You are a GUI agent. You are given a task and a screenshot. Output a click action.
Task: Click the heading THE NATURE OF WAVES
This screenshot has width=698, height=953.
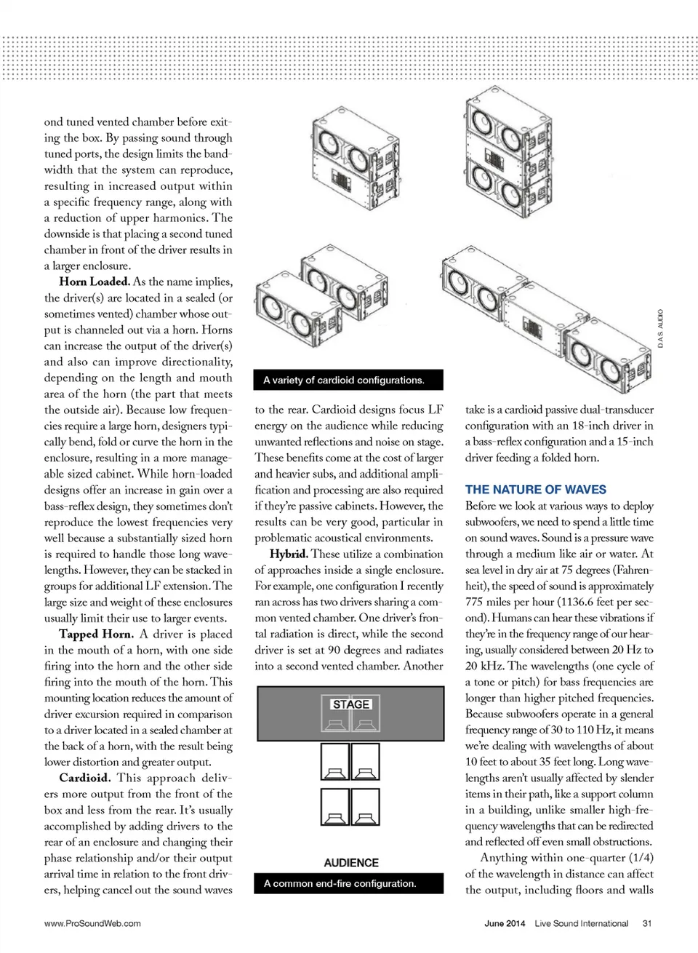tap(536, 490)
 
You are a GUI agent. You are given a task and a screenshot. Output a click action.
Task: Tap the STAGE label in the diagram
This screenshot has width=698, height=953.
tap(351, 704)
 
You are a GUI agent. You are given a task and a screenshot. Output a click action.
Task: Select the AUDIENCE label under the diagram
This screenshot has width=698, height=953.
tap(351, 863)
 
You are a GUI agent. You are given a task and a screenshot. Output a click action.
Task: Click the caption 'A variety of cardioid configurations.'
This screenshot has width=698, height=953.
tap(344, 380)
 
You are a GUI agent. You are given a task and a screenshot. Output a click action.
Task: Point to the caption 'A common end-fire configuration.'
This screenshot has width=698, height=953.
tap(340, 883)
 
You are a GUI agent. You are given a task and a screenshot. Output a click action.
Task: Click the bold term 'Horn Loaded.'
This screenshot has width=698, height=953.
tap(95, 282)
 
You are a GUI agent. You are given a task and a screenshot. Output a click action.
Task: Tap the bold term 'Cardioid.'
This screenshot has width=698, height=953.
tap(84, 777)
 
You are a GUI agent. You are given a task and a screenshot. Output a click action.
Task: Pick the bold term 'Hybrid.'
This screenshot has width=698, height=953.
tap(288, 554)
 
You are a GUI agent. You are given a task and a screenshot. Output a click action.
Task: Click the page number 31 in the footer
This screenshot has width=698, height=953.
tap(647, 923)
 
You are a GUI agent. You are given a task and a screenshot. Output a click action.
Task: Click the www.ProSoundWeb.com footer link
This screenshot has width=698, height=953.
tap(92, 923)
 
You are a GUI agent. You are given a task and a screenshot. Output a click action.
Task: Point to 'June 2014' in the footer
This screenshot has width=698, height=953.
tap(505, 923)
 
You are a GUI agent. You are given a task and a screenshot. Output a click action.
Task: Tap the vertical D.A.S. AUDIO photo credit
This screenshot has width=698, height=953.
tap(660, 329)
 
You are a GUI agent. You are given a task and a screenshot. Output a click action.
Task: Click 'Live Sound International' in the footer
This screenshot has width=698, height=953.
tap(581, 923)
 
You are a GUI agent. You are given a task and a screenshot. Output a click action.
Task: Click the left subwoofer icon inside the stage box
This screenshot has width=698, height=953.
tap(335, 722)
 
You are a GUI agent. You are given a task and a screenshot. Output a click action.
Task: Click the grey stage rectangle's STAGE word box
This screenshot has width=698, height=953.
tap(351, 704)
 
